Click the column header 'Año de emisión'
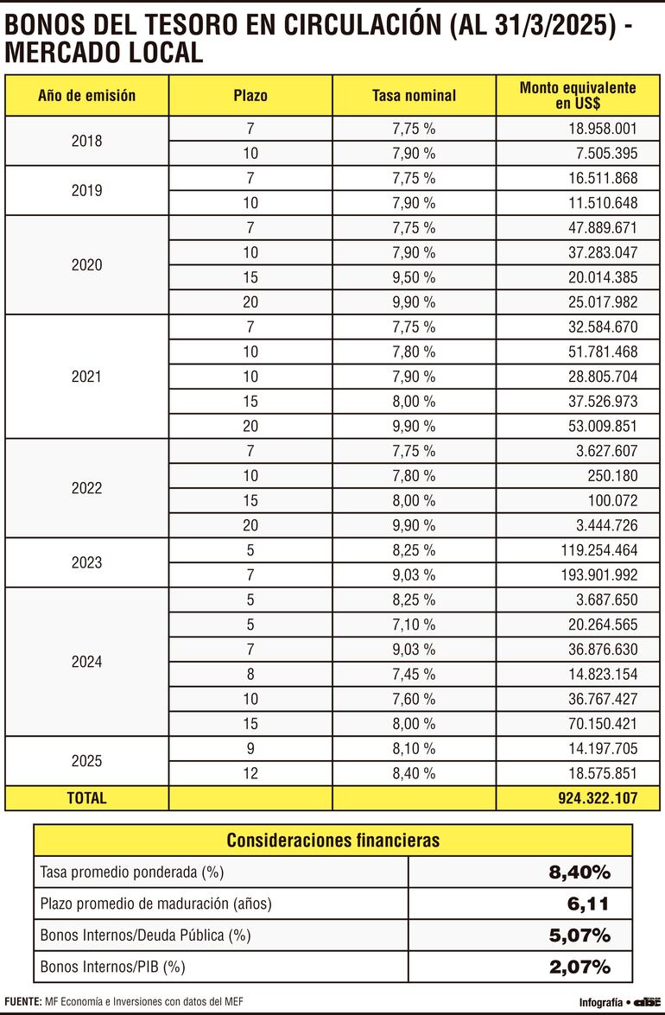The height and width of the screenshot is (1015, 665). coord(86,96)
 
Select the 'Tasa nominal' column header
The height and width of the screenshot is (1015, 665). coord(414,96)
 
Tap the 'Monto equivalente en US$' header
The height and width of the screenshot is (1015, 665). coord(578,96)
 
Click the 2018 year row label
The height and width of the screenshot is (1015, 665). coord(86,141)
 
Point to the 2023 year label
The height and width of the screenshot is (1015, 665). coord(86,562)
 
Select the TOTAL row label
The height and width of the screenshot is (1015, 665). coord(86,798)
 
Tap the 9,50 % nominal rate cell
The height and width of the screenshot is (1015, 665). coord(414,277)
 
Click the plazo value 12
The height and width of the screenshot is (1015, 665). coord(250,773)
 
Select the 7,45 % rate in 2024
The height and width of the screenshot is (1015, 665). coord(414,674)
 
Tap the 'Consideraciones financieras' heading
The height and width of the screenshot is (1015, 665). coord(332,840)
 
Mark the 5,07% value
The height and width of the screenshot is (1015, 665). coord(579,936)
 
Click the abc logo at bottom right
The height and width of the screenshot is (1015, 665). coord(646,1002)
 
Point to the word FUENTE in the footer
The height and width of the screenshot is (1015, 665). coord(23,1001)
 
